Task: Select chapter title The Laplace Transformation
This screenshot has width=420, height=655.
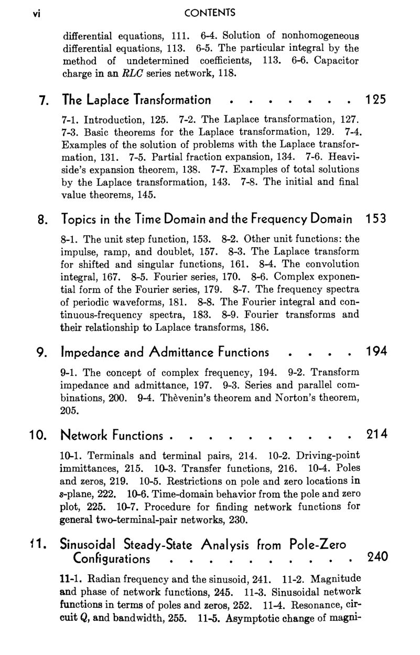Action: [137, 100]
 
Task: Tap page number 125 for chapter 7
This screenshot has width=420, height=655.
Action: [375, 100]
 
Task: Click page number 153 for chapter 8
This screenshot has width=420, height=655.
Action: [375, 218]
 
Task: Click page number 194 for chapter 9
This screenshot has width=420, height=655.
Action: [375, 352]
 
